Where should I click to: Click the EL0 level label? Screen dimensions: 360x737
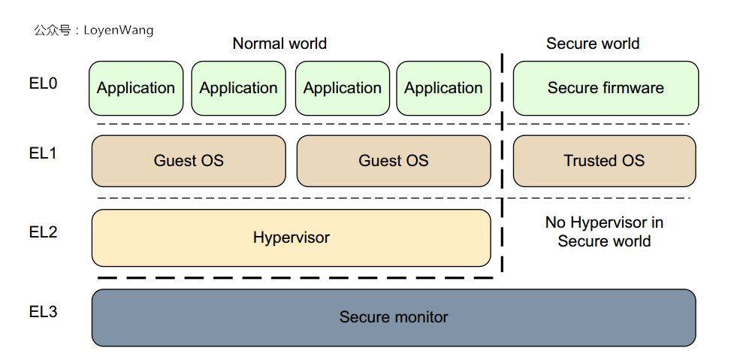(43, 83)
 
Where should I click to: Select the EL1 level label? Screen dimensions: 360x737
(43, 153)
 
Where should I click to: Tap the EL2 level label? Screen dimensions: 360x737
(43, 232)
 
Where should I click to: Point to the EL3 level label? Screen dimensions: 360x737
(43, 311)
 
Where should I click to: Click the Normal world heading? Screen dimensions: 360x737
(279, 44)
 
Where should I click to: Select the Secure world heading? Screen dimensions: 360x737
(592, 44)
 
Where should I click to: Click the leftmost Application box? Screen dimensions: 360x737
(136, 89)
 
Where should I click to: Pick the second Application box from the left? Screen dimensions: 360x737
(238, 89)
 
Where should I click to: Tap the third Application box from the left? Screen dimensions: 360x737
(342, 89)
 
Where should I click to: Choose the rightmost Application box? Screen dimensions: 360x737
(443, 89)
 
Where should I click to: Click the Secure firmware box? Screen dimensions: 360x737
(606, 89)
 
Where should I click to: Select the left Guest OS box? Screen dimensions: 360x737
(189, 161)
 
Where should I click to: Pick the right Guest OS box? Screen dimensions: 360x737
(394, 161)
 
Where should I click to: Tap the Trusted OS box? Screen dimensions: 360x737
(604, 161)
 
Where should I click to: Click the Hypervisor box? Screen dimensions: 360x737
(291, 237)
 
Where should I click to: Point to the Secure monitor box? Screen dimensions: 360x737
(394, 317)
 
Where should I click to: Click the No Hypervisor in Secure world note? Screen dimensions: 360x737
(604, 232)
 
